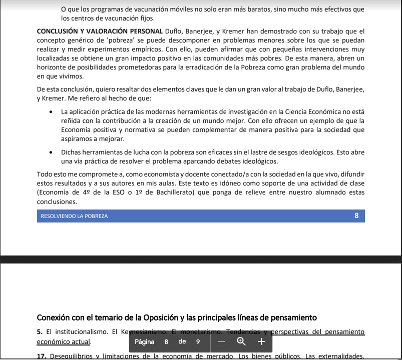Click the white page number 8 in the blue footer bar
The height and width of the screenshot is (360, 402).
click(356, 216)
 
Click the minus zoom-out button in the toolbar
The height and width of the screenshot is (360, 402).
click(222, 342)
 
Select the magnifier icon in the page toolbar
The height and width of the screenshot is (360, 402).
click(241, 342)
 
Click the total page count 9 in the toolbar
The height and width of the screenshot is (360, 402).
click(198, 342)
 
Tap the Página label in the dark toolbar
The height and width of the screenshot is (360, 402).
click(145, 342)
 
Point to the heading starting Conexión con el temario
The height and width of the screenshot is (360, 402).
click(177, 317)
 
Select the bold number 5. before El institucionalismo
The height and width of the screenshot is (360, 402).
click(40, 331)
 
